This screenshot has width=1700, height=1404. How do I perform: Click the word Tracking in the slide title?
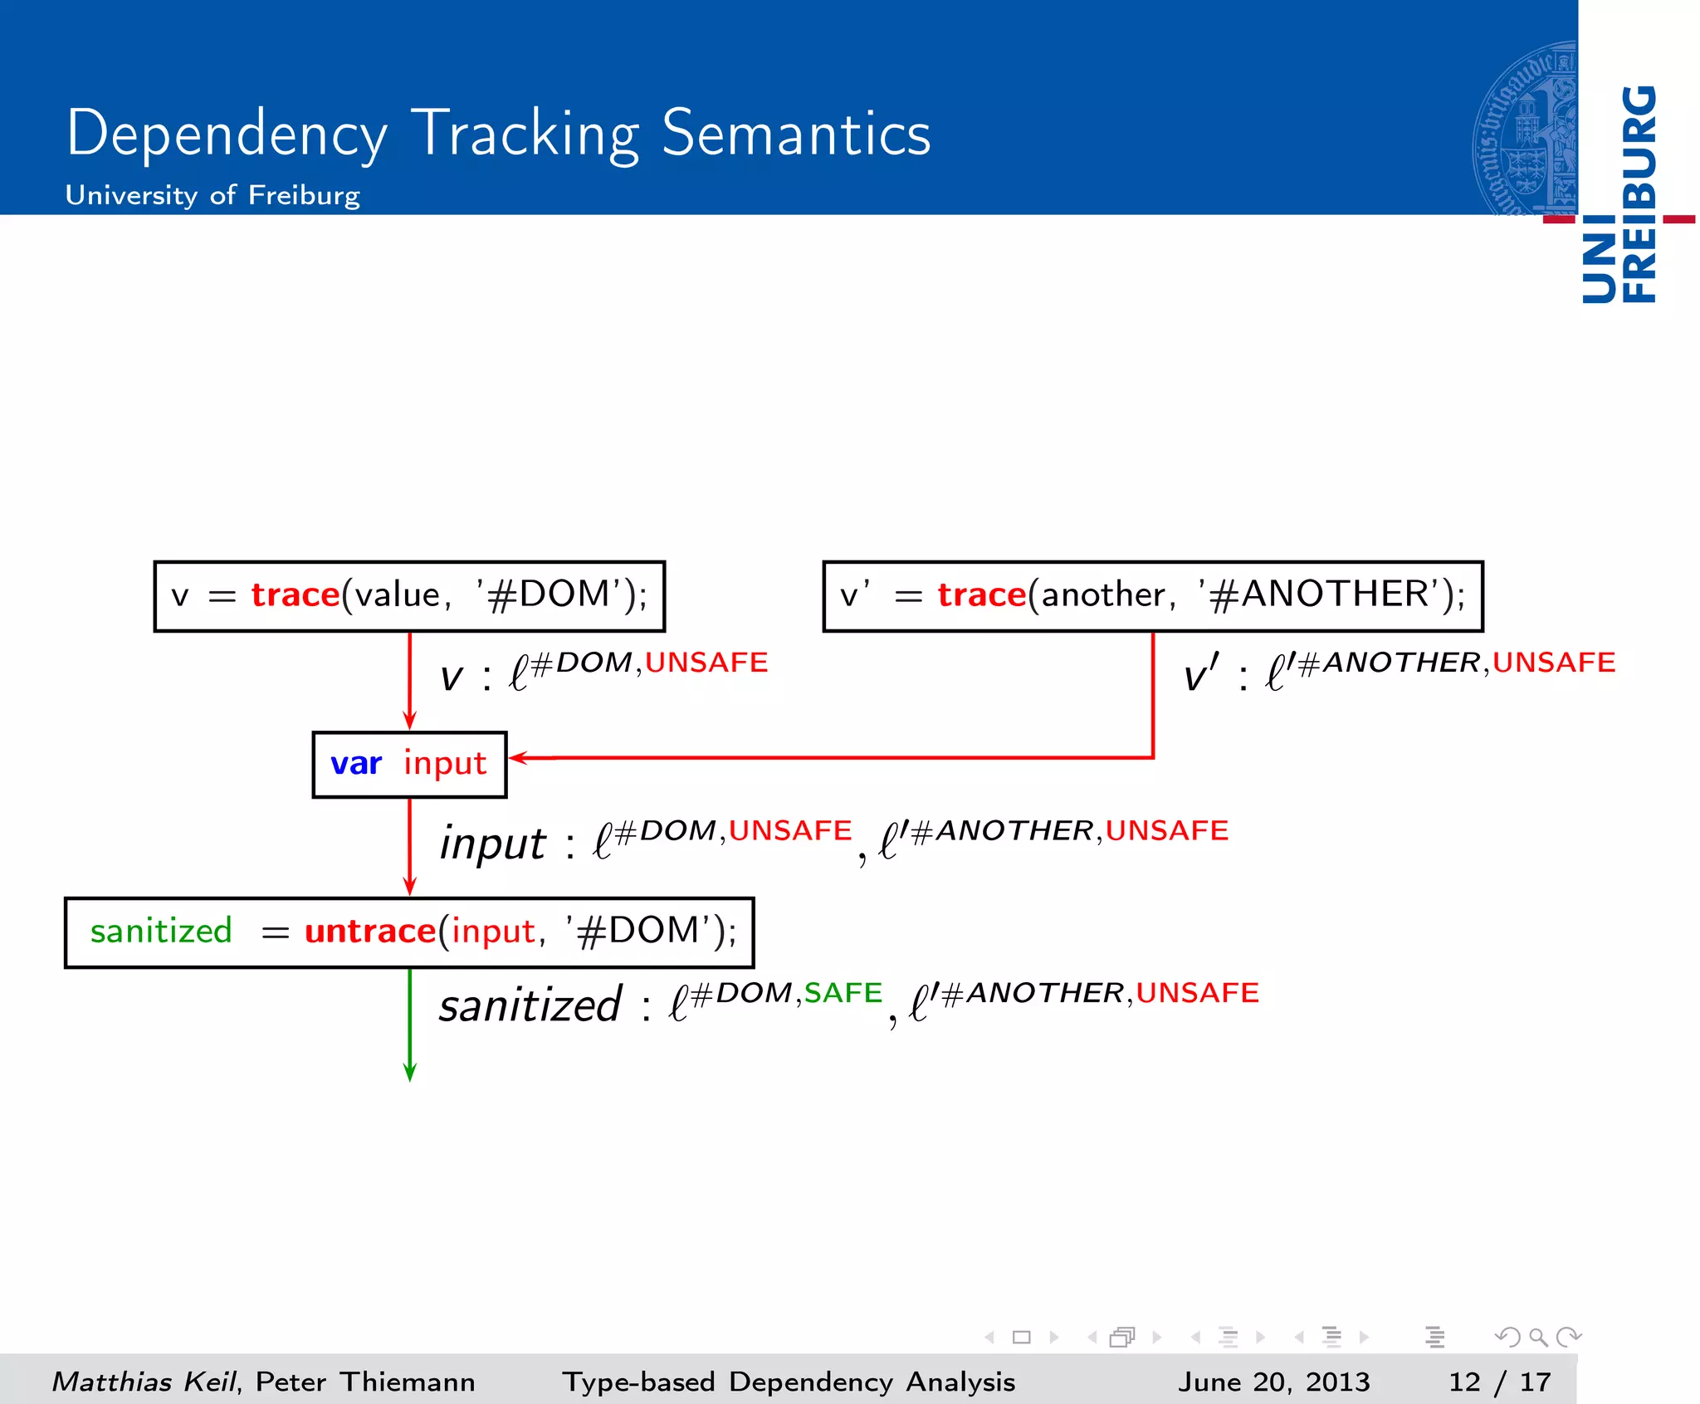(x=525, y=135)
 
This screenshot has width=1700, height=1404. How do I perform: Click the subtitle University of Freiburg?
(x=212, y=195)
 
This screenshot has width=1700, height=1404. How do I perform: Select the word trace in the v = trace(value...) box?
(x=296, y=595)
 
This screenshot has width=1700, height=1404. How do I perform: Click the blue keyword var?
(x=356, y=763)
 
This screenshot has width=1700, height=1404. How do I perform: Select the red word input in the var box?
(x=445, y=763)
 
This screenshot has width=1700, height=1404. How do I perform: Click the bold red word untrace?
(x=370, y=932)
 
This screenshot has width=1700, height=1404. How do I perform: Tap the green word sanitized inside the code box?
(x=161, y=932)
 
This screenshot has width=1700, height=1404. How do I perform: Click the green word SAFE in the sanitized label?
(x=843, y=993)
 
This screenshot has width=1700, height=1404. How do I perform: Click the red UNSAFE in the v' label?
(x=1553, y=663)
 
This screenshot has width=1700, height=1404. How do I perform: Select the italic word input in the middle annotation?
(x=493, y=844)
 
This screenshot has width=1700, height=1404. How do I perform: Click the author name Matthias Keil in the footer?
(x=144, y=1382)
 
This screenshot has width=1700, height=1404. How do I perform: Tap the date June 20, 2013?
(x=1273, y=1382)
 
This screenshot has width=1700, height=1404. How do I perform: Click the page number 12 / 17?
(x=1499, y=1382)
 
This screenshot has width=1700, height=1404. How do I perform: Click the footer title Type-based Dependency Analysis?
(x=789, y=1382)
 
